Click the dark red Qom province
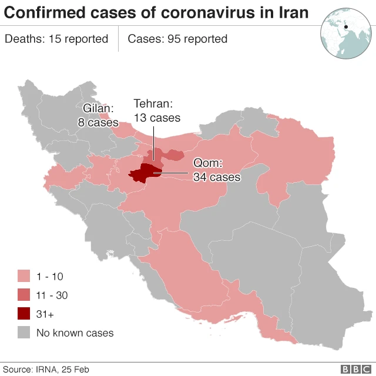[x=141, y=174]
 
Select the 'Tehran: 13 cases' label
[x=157, y=110]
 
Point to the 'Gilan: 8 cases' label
[x=98, y=115]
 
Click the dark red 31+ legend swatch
[x=24, y=314]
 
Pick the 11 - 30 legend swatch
[x=24, y=295]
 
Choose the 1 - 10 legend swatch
[x=24, y=276]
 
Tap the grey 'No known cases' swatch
[x=24, y=333]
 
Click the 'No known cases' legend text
[x=75, y=333]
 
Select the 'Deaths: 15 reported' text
[x=56, y=39]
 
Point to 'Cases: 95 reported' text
[x=177, y=39]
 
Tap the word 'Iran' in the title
[x=292, y=12]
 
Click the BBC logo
[x=353, y=369]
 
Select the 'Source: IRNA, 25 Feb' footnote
[x=46, y=369]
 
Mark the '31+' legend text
[x=45, y=314]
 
